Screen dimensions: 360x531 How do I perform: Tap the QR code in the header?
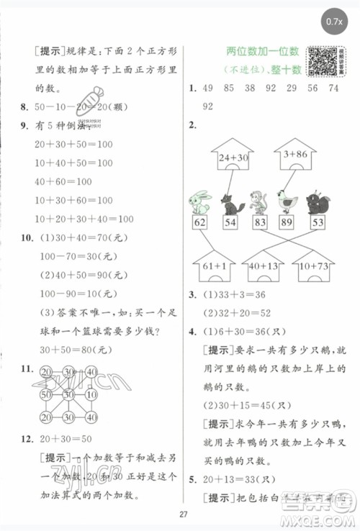pos(321,61)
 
